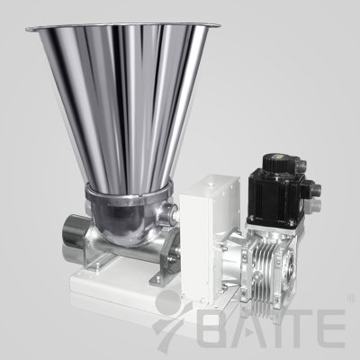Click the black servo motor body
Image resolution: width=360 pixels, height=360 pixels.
click(x=271, y=196)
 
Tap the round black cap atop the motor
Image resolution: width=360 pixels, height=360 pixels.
click(x=276, y=163)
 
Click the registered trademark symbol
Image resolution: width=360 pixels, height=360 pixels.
click(x=350, y=299)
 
